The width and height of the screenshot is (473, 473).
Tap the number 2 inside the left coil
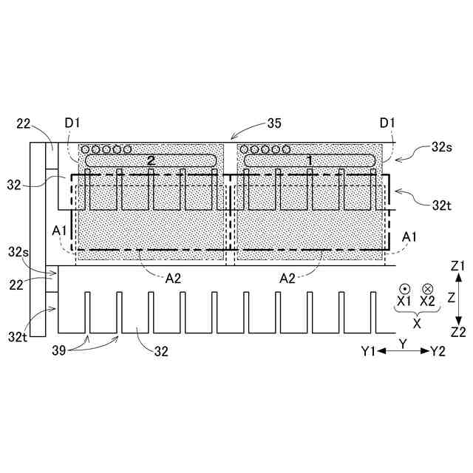click(x=151, y=160)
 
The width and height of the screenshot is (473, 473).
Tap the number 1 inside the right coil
click(x=310, y=160)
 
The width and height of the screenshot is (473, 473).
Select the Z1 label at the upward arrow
click(x=458, y=265)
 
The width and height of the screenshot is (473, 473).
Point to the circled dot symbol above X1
click(x=404, y=289)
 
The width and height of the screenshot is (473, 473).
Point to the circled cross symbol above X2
click(x=428, y=289)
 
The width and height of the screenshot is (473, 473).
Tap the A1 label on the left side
click(x=61, y=231)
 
